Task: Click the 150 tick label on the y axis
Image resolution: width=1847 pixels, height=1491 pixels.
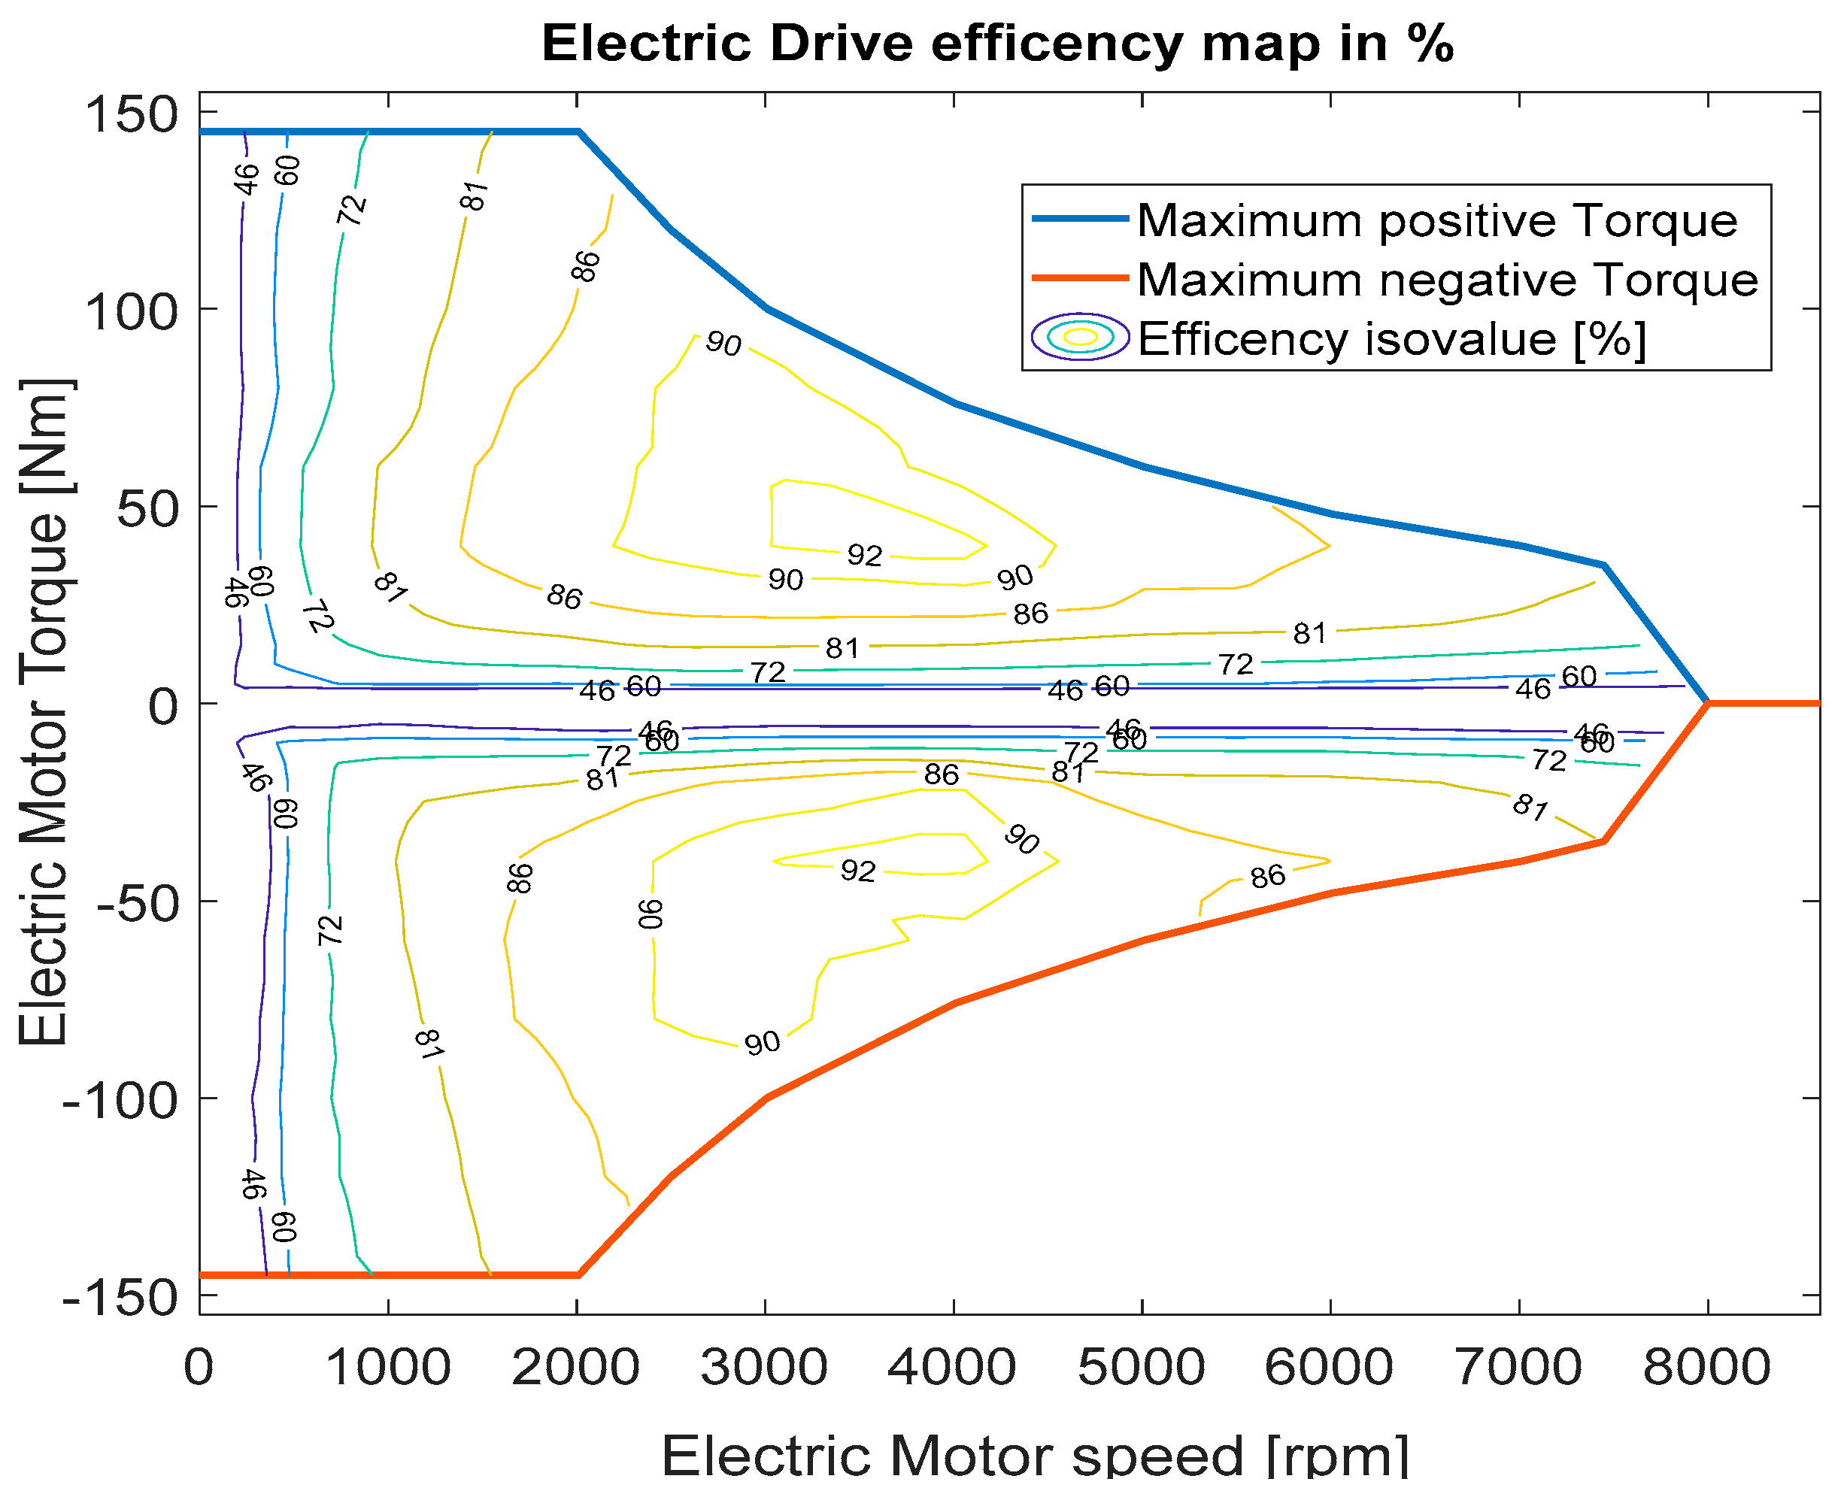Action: coord(132,114)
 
